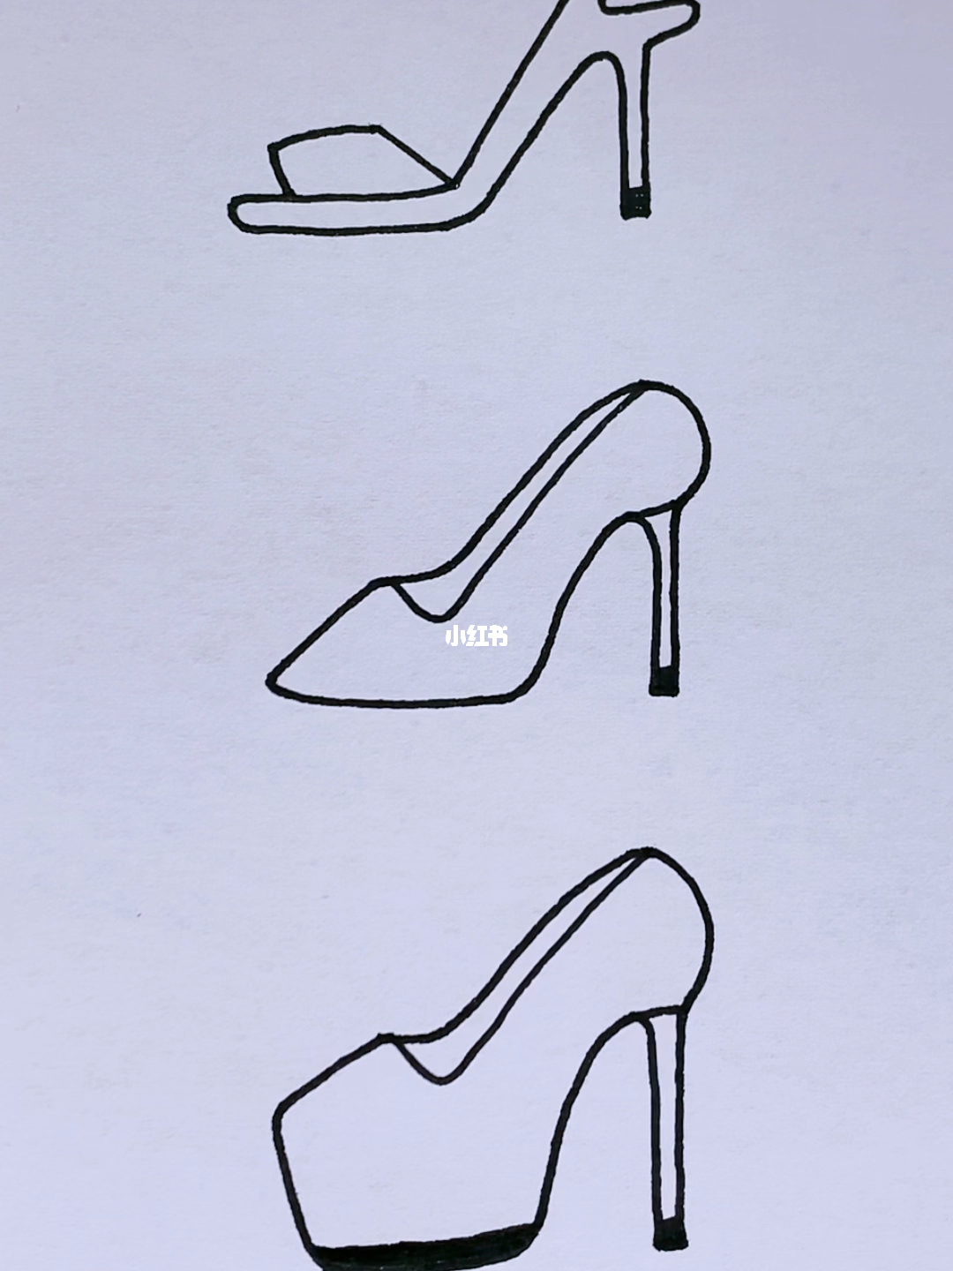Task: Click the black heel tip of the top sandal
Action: (636, 202)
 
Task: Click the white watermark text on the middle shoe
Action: (476, 637)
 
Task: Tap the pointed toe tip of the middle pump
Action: (271, 681)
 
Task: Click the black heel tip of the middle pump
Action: (664, 681)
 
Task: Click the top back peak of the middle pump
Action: (642, 383)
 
